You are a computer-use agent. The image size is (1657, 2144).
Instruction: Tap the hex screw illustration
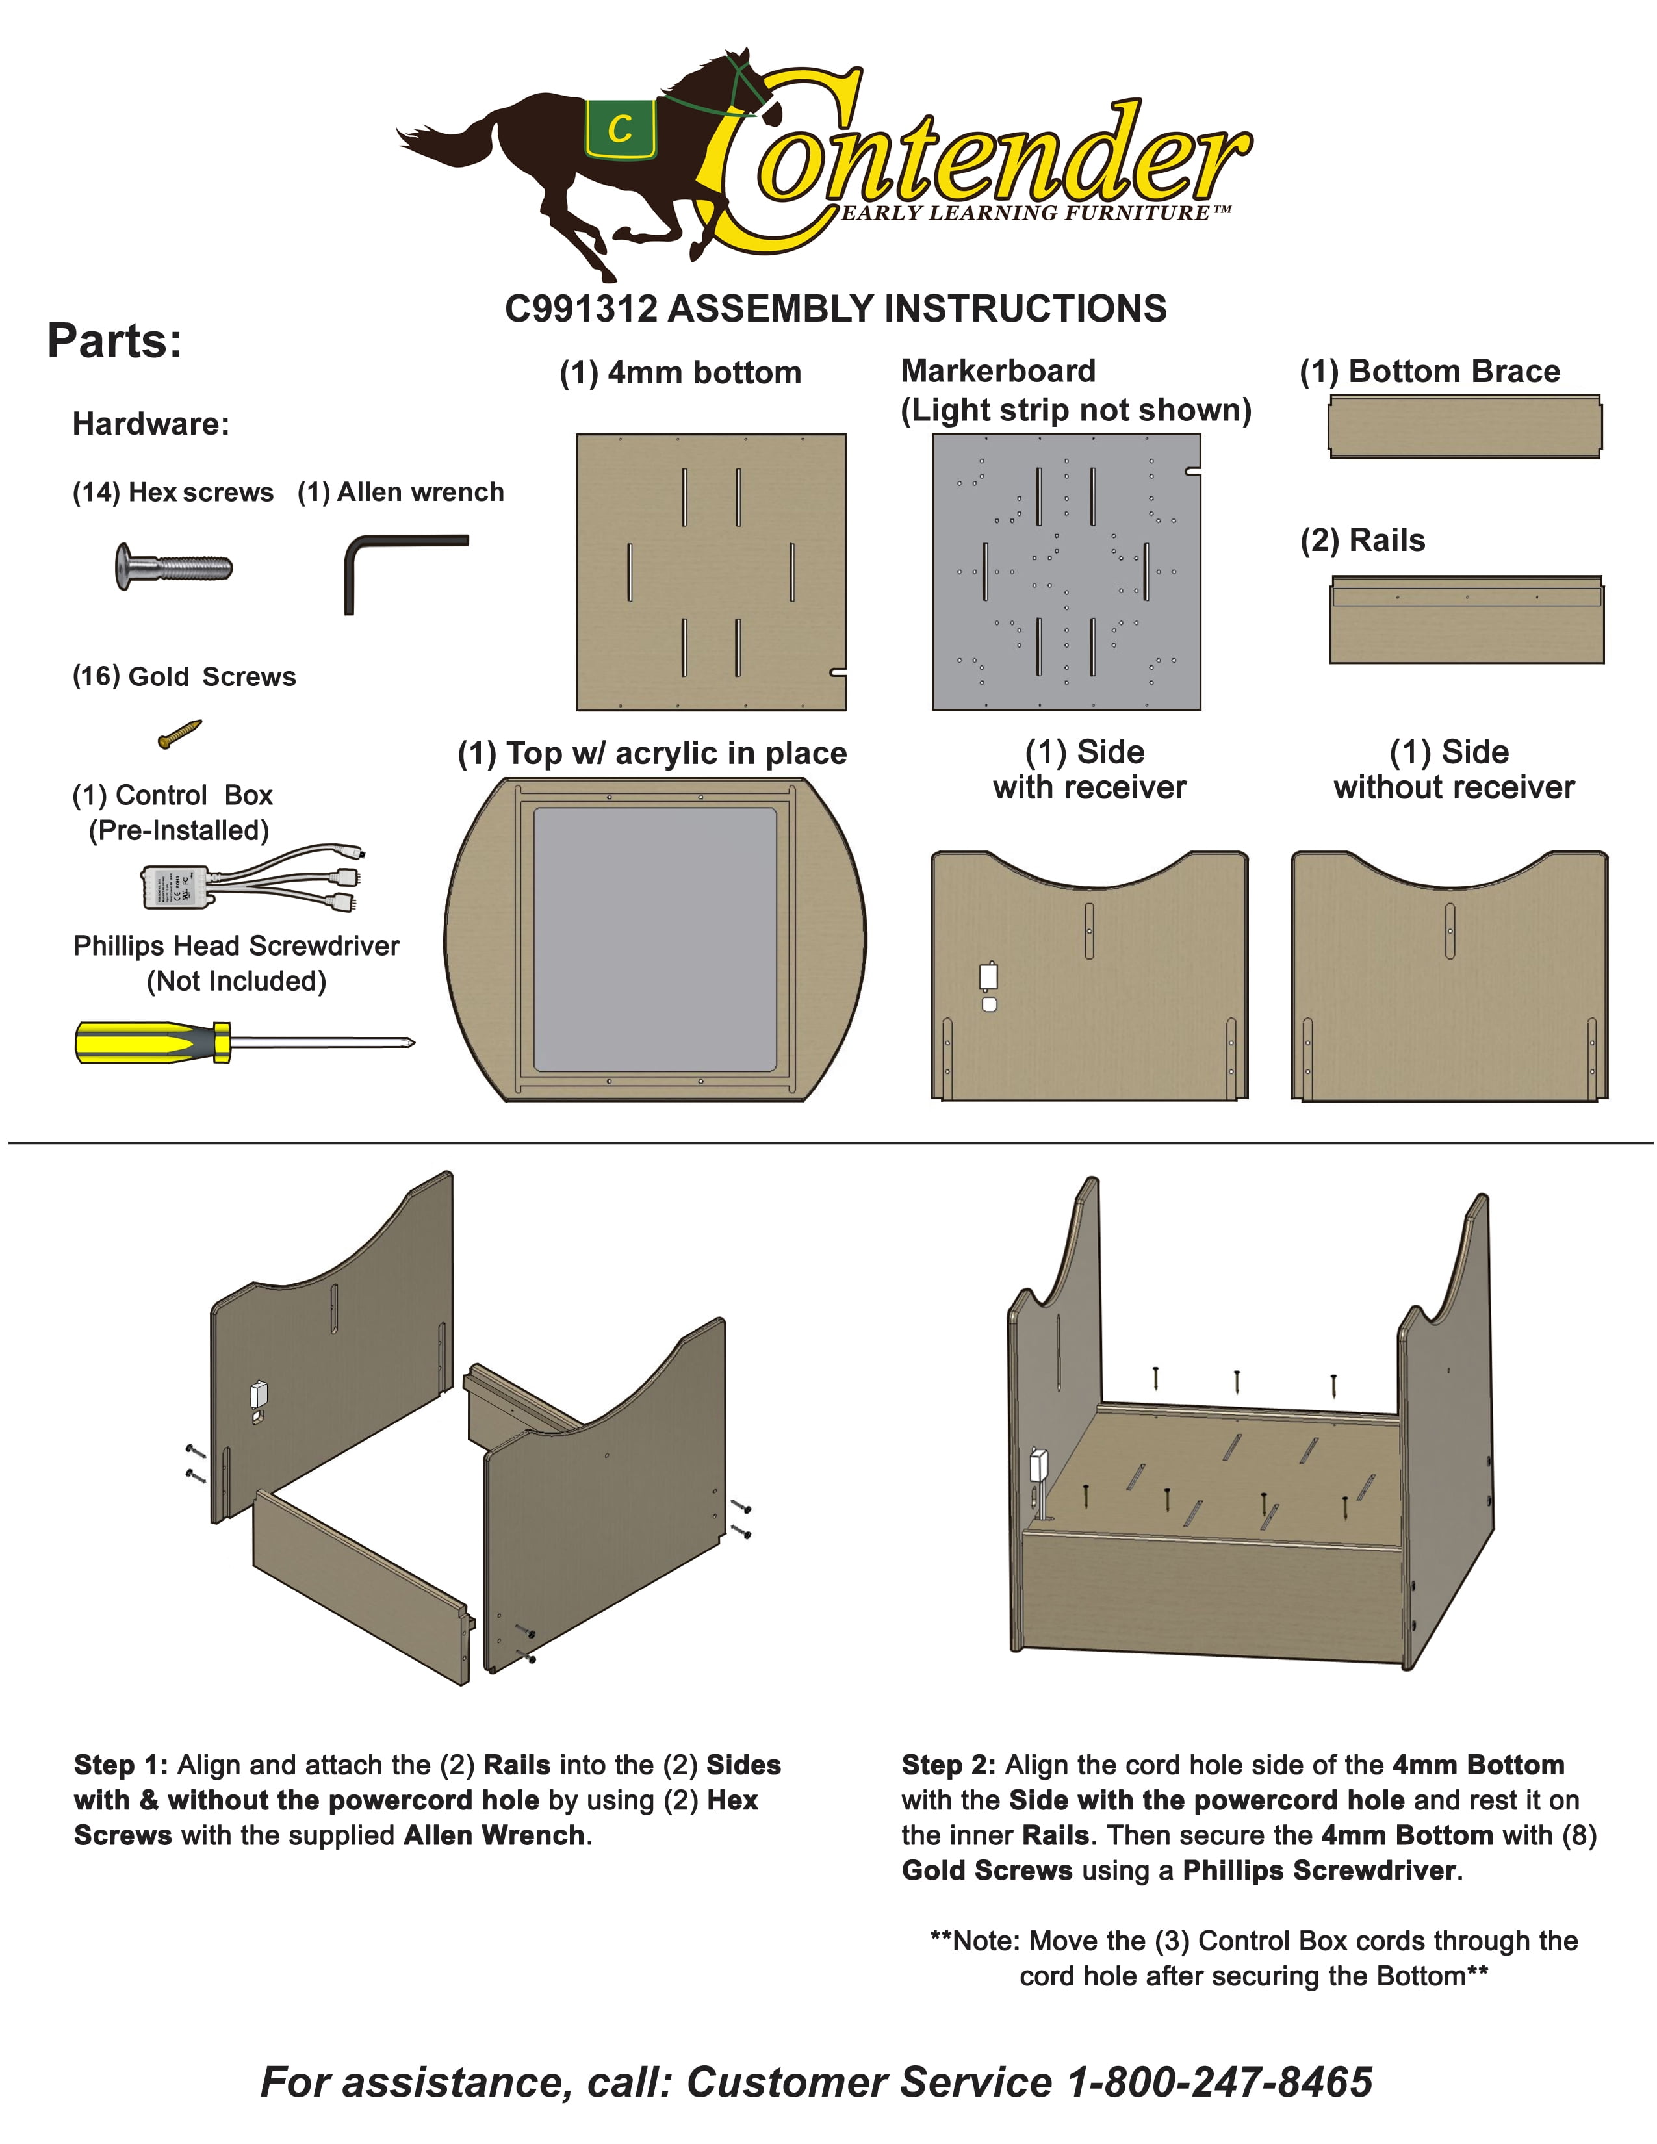click(x=173, y=567)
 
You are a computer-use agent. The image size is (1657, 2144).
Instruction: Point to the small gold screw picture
click(x=179, y=734)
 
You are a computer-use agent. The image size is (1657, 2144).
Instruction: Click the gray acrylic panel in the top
click(x=655, y=939)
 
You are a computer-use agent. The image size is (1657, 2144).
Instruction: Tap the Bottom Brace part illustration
click(x=1465, y=427)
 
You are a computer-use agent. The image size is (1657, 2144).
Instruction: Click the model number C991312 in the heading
click(x=580, y=309)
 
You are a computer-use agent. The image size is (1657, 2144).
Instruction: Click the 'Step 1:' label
click(x=121, y=1765)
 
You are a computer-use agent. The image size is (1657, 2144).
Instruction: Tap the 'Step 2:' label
click(x=948, y=1765)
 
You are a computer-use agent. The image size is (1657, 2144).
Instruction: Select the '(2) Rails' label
click(x=1363, y=540)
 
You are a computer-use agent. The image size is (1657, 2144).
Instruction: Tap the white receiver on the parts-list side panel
click(x=988, y=976)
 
